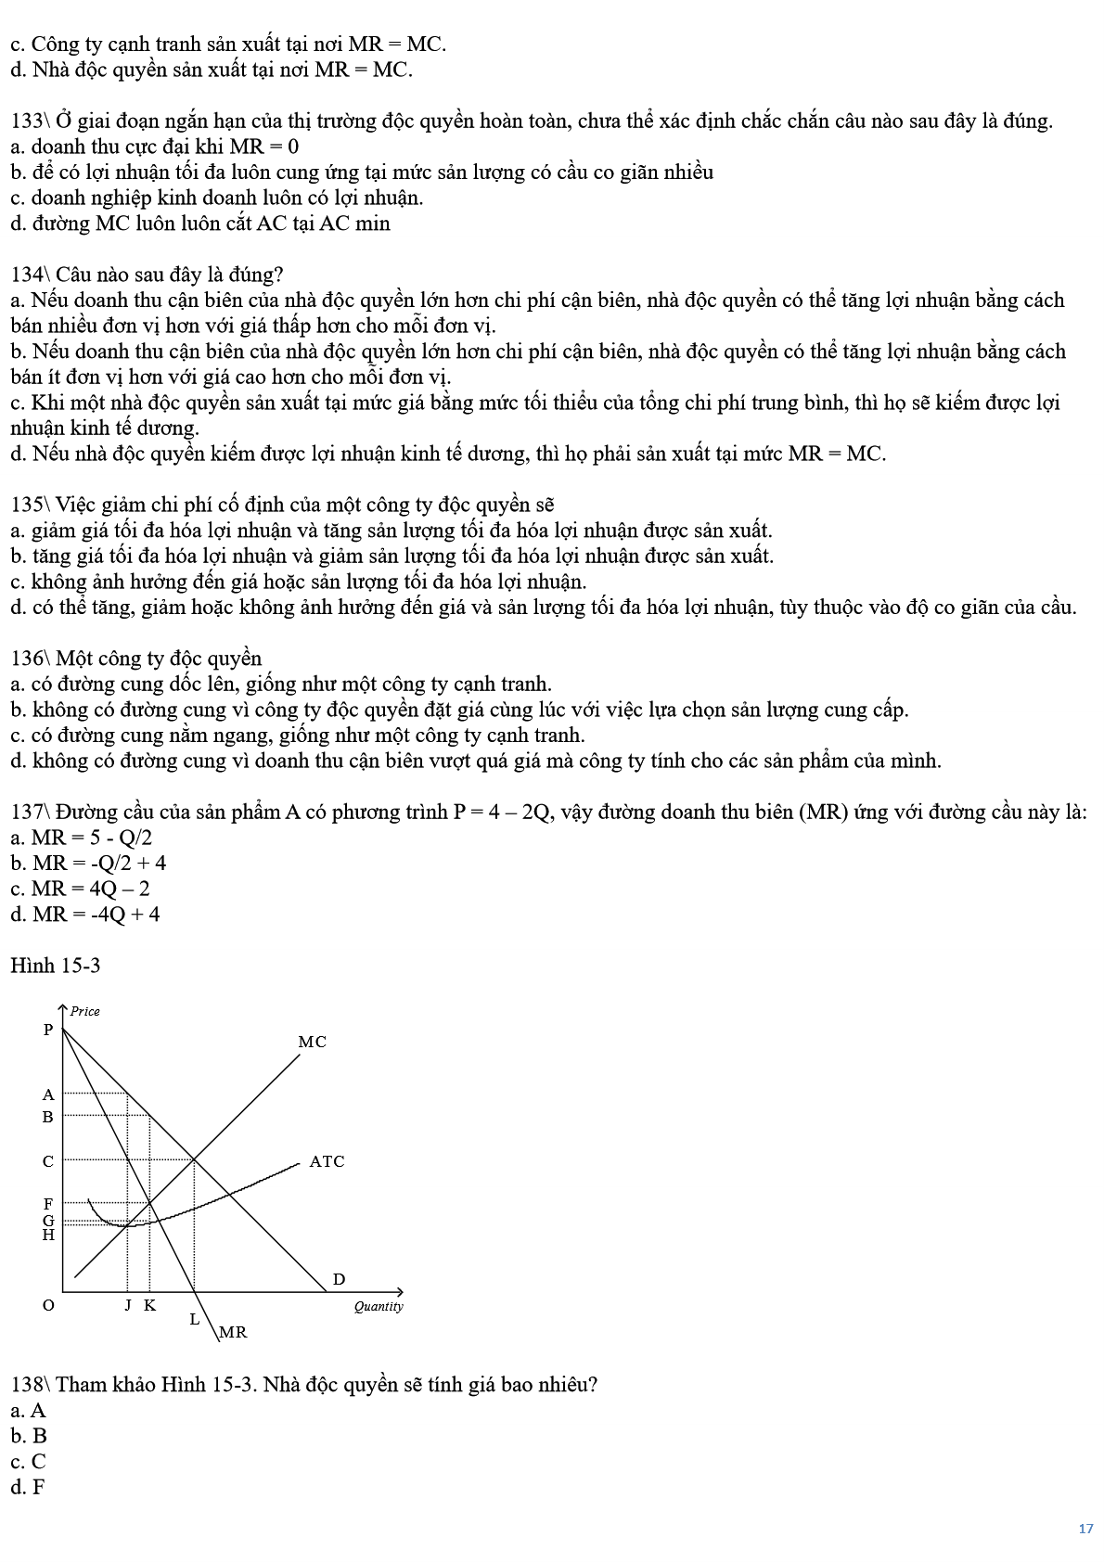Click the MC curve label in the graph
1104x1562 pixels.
(312, 1042)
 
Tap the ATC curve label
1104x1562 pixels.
(327, 1161)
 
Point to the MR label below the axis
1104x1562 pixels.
(233, 1332)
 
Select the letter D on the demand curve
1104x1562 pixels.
(339, 1279)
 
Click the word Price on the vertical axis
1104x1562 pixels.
(85, 1011)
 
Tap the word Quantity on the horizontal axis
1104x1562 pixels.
(379, 1306)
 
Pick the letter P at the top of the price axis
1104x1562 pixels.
(48, 1030)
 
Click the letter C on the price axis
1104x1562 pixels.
(48, 1161)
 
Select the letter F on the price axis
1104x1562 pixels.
(48, 1204)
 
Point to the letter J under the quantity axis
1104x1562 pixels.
(128, 1305)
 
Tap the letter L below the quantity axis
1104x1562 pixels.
(195, 1318)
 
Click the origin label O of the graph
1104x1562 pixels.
(48, 1305)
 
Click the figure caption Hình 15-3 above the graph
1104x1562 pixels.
(55, 966)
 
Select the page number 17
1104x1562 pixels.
(1085, 1530)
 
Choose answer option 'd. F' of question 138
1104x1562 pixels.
(28, 1487)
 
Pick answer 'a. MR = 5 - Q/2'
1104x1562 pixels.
(81, 838)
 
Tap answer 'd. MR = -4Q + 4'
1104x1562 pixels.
(84, 915)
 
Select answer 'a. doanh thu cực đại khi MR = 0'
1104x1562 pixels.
(154, 147)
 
